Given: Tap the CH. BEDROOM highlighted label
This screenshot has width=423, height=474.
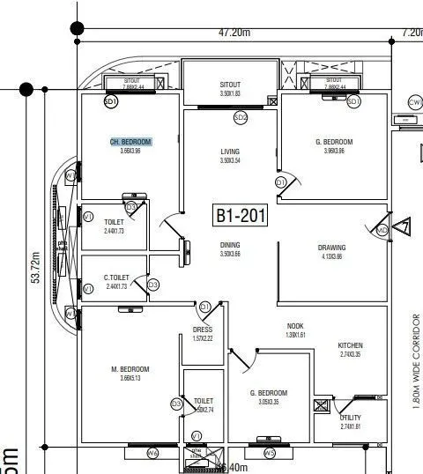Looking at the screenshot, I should point(130,142).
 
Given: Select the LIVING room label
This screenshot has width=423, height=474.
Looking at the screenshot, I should point(230,152).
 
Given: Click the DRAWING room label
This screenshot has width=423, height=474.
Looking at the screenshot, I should point(331,248).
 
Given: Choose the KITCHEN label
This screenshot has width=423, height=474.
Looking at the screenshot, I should point(351,345).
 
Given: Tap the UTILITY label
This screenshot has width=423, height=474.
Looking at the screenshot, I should point(351,418).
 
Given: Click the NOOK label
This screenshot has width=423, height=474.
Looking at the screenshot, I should point(295,326).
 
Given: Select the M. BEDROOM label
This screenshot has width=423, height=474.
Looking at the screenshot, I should point(130,369).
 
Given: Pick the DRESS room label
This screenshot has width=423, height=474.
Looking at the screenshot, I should point(203,330).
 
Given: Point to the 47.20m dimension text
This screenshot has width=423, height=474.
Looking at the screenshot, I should point(235,33).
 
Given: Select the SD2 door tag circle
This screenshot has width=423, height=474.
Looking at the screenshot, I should point(241,117).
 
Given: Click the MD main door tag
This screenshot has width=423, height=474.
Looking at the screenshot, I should point(382,230).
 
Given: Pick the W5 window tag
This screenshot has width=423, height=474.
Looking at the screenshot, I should point(270,454).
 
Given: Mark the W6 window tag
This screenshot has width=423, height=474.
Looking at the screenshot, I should point(152,454).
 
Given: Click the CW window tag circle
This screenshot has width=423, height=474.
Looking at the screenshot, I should point(415,102).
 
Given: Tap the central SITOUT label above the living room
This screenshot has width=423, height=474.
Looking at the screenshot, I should point(230,85).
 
